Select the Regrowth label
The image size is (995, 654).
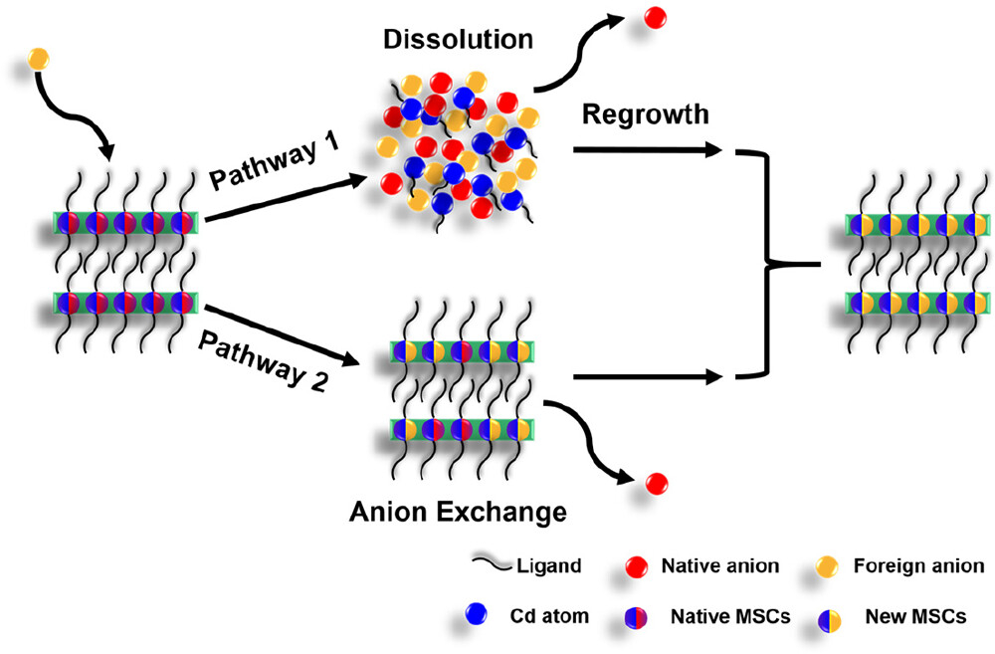point(645,113)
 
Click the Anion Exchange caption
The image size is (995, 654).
point(458,513)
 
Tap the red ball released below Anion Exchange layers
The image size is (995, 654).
point(656,484)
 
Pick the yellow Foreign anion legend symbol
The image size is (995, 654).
point(826,566)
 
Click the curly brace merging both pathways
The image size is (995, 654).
point(771,265)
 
